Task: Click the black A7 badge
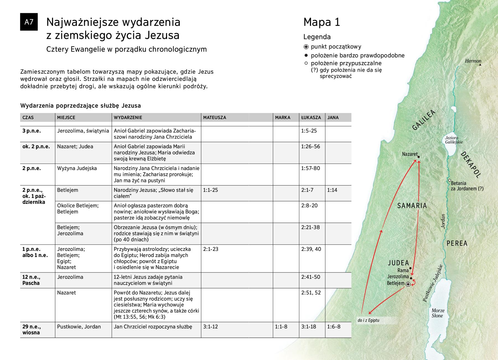(x=29, y=22)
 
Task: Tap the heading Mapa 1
(x=321, y=22)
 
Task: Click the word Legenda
(x=317, y=37)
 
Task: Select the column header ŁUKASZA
(x=311, y=117)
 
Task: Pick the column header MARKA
(x=282, y=117)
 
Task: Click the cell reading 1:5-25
(x=309, y=131)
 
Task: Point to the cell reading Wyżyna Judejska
(x=77, y=168)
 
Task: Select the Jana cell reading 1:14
(x=332, y=190)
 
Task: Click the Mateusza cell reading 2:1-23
(x=211, y=249)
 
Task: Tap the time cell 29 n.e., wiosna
(x=31, y=330)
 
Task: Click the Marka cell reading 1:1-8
(x=281, y=327)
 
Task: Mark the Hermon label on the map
(x=473, y=61)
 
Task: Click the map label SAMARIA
(x=412, y=206)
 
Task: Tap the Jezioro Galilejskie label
(x=454, y=140)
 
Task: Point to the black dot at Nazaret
(x=419, y=157)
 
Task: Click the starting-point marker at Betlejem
(x=408, y=284)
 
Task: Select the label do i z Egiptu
(x=368, y=321)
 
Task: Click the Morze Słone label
(x=437, y=313)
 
